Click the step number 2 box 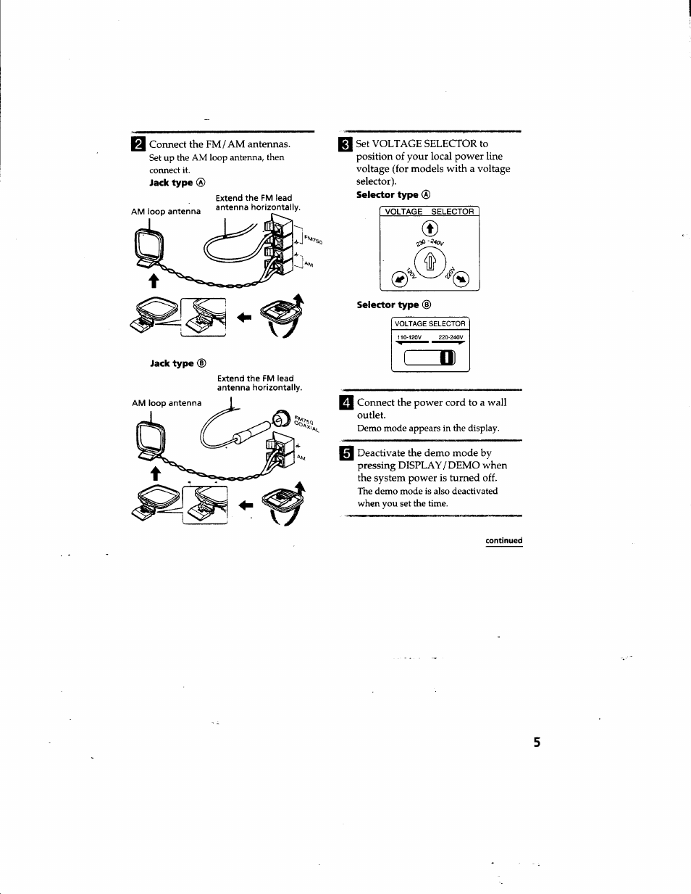(x=138, y=144)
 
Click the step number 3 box (x=345, y=144)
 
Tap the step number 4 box (x=346, y=403)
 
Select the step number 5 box (x=346, y=454)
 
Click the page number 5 (x=537, y=742)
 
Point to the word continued (x=503, y=541)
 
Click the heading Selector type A (x=393, y=195)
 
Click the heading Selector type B (x=393, y=305)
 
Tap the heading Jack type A (x=177, y=183)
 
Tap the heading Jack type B (x=178, y=363)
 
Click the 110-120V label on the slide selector (x=409, y=337)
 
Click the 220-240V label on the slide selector (x=451, y=337)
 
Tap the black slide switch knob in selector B (x=448, y=357)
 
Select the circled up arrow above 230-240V (x=430, y=229)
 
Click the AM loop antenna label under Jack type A (x=166, y=212)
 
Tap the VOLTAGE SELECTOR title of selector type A (x=430, y=212)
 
